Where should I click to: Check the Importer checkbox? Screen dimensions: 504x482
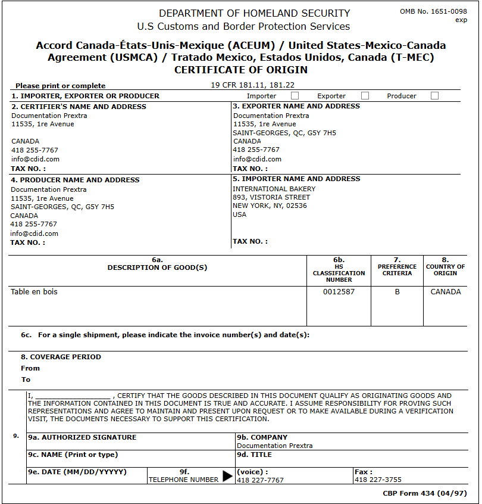click(295, 95)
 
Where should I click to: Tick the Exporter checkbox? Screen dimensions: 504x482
click(365, 95)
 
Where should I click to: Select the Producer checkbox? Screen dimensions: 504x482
click(434, 95)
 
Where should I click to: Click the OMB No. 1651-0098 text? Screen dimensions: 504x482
click(433, 12)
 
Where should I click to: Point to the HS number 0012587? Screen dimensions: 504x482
click(339, 292)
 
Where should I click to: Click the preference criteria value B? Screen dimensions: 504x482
click(397, 292)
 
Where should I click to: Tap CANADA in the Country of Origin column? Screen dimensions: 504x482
click(446, 292)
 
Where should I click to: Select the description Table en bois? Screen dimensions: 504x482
click(34, 292)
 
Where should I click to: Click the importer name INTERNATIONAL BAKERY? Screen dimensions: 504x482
click(274, 189)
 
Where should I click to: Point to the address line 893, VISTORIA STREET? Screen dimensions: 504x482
click(271, 197)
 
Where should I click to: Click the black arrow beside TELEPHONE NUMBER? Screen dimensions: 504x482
click(228, 476)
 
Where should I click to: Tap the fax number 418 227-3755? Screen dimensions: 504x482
click(378, 480)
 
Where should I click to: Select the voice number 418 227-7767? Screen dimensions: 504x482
click(260, 480)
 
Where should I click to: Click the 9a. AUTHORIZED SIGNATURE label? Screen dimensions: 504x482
click(82, 437)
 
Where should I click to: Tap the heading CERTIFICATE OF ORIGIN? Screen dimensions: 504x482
click(241, 70)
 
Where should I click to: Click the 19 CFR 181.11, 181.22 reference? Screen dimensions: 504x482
click(253, 85)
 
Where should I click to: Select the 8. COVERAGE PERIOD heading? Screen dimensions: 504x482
click(61, 357)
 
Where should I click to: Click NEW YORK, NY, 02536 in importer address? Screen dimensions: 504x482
click(270, 206)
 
